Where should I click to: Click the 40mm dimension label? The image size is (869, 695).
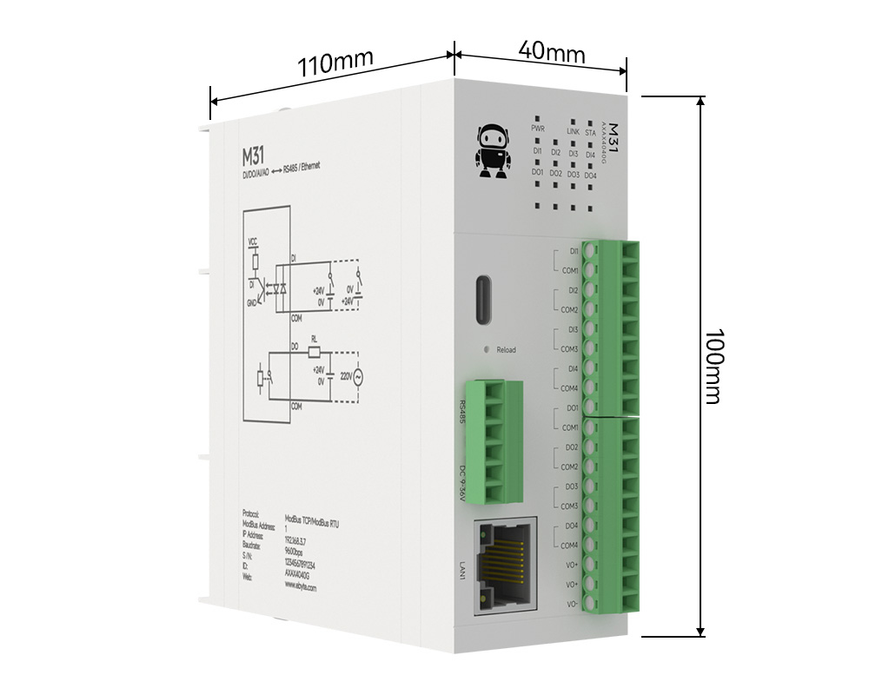coord(551,51)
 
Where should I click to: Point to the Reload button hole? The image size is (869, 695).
coord(487,349)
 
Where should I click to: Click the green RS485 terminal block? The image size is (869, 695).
coord(493,440)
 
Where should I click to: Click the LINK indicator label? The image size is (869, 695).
coord(573,131)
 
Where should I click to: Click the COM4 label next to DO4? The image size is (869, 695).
coord(570,546)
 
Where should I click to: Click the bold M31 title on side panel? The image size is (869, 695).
coord(255,157)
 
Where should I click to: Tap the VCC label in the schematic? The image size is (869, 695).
coord(253,241)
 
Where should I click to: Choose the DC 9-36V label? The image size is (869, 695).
coord(461,483)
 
